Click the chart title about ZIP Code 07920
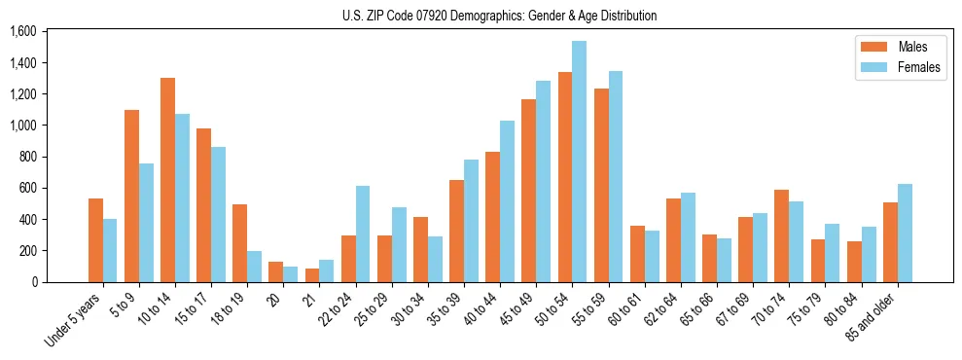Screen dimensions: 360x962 (499, 16)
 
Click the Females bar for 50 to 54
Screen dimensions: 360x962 (580, 162)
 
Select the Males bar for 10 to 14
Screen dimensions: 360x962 (167, 180)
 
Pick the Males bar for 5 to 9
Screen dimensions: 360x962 (131, 196)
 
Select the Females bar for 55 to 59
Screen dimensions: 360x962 (616, 176)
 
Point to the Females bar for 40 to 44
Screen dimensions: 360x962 (507, 201)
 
